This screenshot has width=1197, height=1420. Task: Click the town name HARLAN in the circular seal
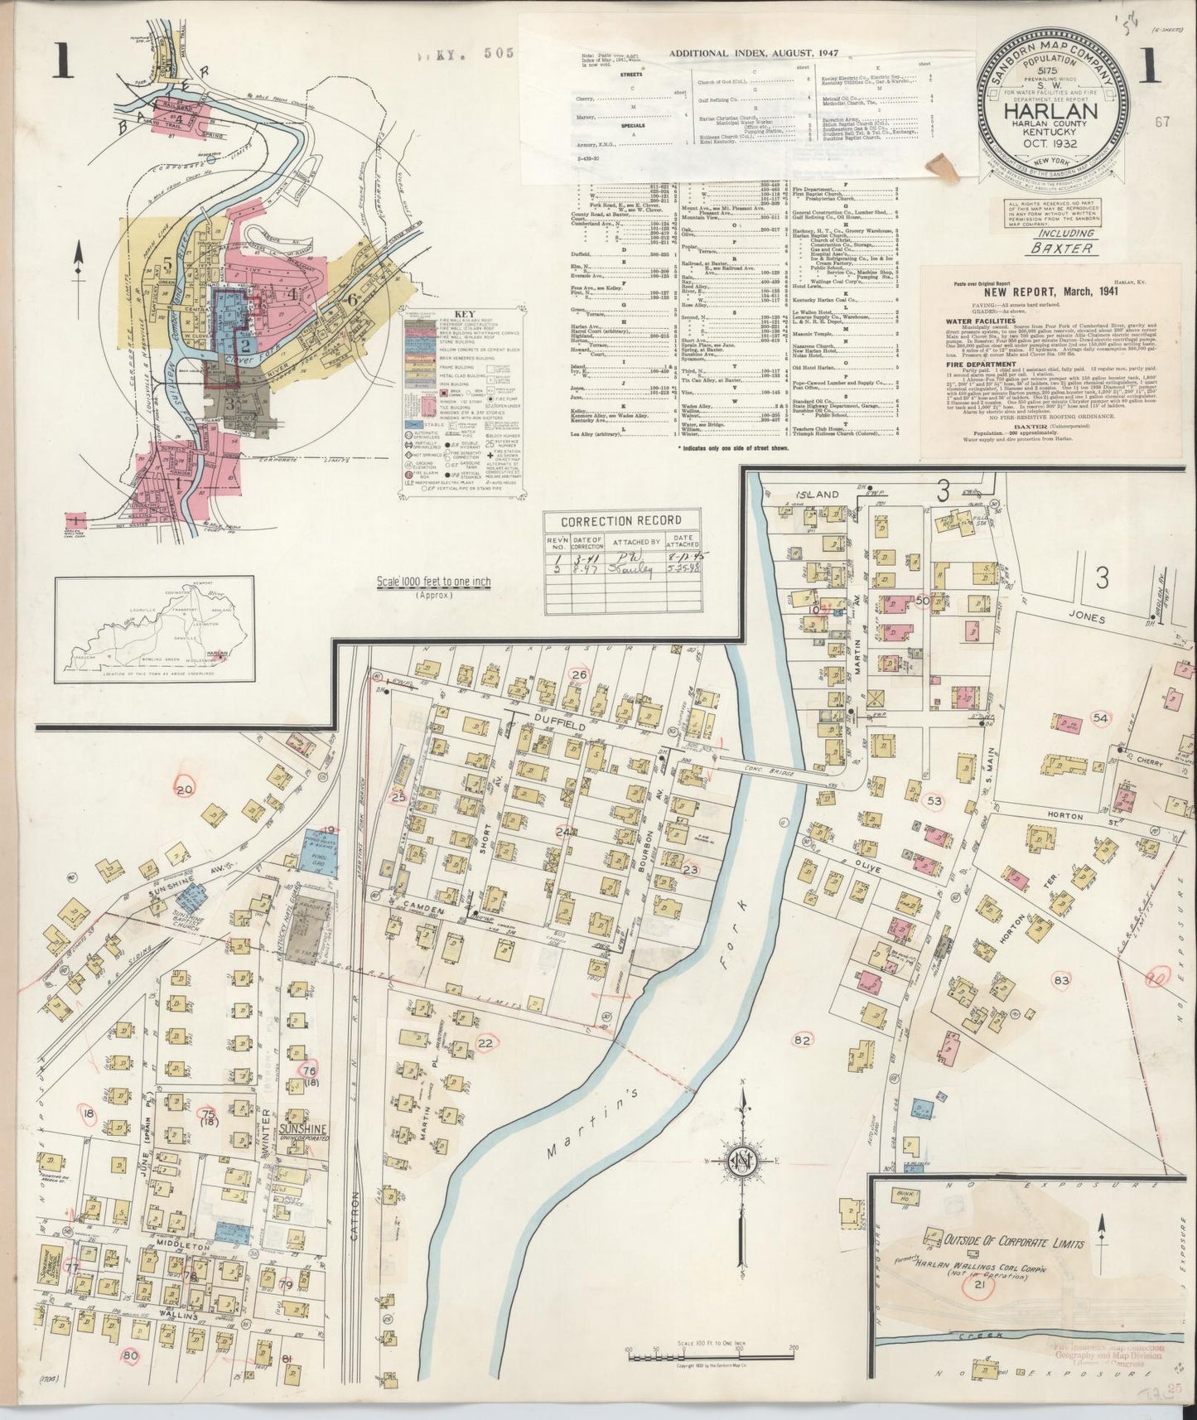[1055, 110]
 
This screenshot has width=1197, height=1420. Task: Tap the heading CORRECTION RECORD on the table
[620, 521]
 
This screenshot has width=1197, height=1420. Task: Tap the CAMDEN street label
[425, 910]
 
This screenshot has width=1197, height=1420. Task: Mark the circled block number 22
[486, 1043]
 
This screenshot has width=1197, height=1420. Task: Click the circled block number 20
[184, 790]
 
